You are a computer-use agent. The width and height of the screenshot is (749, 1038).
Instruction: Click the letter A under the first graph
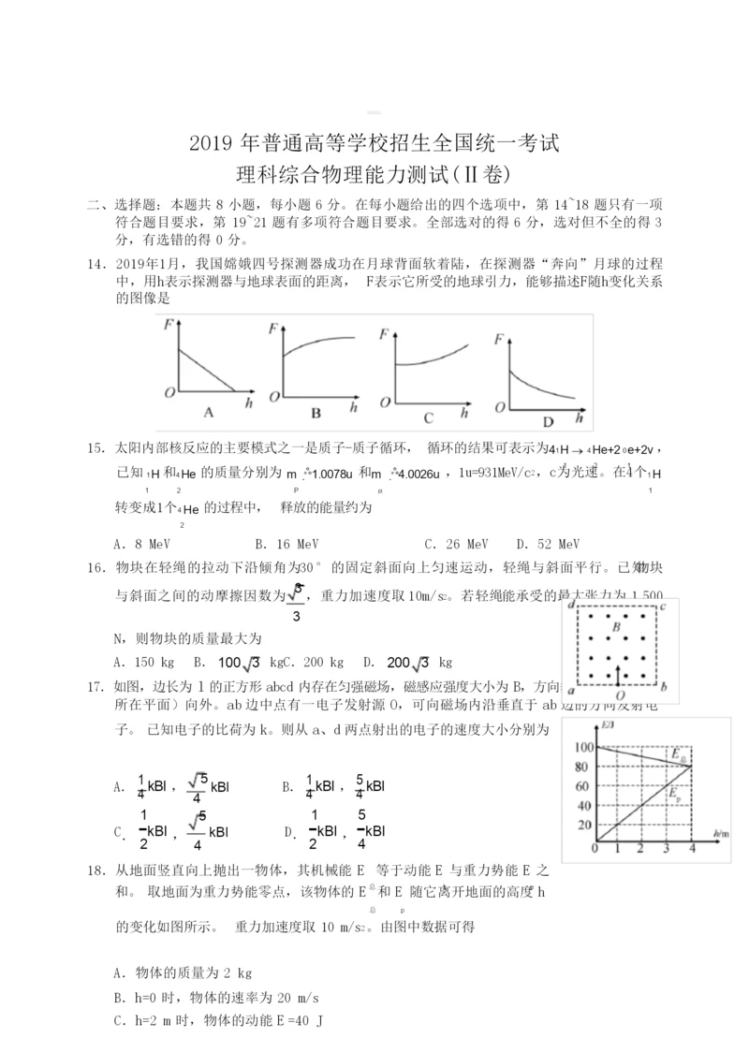coord(210,411)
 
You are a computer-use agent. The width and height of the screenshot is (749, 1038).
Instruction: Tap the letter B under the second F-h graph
coord(316,413)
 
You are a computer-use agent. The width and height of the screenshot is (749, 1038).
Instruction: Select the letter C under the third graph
coord(428,417)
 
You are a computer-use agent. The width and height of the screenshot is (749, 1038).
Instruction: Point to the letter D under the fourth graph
coord(549,420)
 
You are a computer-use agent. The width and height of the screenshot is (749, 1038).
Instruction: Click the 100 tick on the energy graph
coord(582,748)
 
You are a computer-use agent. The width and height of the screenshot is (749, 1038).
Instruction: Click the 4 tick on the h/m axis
coord(691,849)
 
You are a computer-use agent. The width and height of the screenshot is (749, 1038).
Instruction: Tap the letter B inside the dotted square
coord(616,626)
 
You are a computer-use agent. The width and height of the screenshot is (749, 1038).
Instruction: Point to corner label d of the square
coord(570,606)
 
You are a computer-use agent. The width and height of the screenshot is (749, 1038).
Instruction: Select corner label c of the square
coord(663,606)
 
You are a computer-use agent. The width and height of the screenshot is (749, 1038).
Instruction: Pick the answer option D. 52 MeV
coord(548,543)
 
